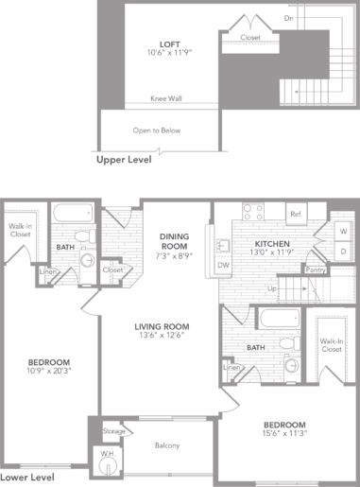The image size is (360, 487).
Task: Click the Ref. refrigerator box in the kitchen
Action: tap(295, 214)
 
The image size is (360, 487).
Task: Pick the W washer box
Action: tap(343, 231)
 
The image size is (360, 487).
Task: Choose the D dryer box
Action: tap(343, 252)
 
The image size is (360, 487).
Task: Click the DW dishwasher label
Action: tap(223, 266)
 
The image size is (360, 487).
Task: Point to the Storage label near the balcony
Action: tap(112, 432)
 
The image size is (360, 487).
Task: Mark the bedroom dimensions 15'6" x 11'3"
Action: tap(284, 436)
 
